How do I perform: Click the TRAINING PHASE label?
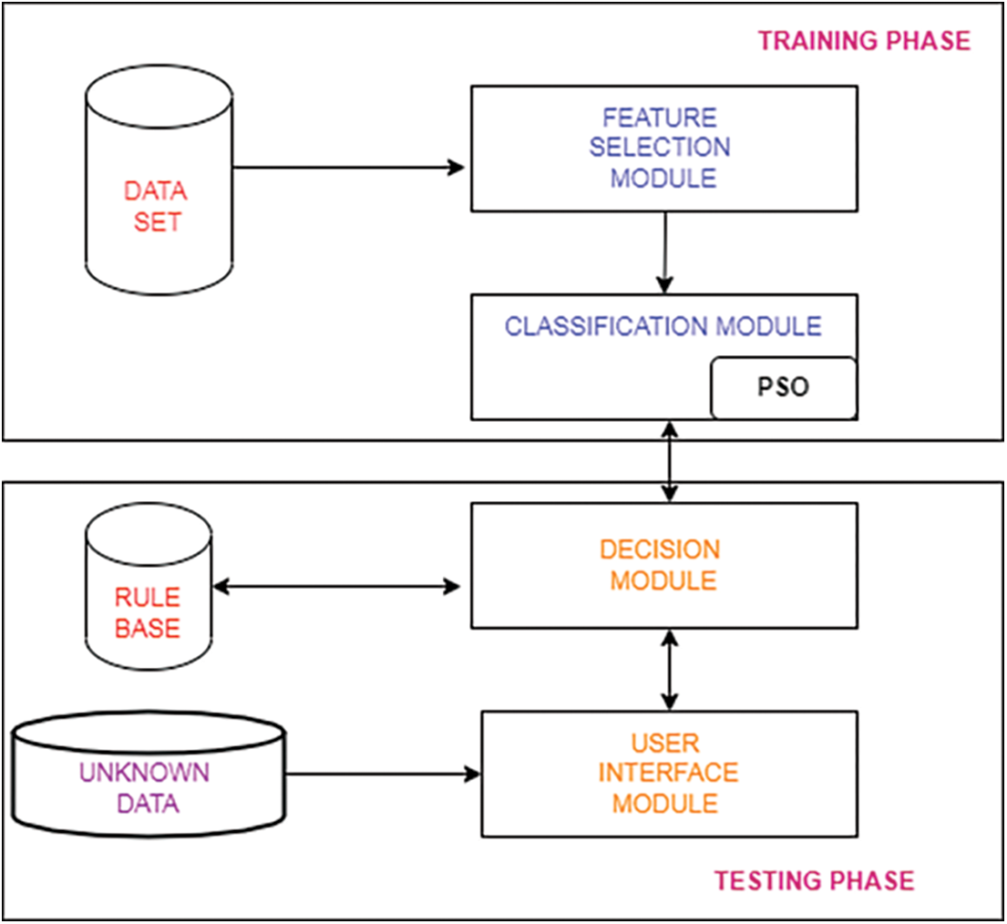864,41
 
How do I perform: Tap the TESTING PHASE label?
814,880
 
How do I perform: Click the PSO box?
783,388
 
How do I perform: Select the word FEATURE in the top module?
660,118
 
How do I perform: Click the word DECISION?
660,549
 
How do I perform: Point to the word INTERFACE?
667,773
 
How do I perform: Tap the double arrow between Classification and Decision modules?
671,461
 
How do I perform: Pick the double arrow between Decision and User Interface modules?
671,670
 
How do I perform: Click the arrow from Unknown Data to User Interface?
383,775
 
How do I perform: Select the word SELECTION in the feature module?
669,148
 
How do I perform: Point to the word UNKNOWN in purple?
144,773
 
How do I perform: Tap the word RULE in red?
147,598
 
